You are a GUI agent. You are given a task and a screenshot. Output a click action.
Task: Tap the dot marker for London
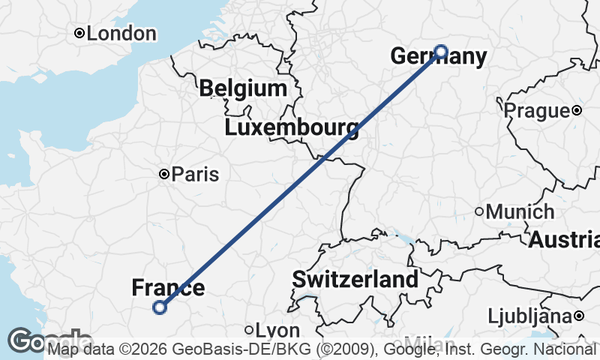[x=79, y=33]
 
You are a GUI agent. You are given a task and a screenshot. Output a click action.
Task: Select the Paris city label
[x=195, y=175]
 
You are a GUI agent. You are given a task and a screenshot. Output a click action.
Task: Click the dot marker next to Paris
[x=164, y=174]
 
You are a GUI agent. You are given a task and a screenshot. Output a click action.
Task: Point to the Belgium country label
[x=243, y=88]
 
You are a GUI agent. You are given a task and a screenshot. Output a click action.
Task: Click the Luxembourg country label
[x=291, y=127]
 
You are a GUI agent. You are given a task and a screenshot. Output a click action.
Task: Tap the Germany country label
[x=438, y=57]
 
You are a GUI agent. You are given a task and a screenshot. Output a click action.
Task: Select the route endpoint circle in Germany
[x=441, y=52]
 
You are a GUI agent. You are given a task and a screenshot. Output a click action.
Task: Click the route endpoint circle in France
[x=159, y=306]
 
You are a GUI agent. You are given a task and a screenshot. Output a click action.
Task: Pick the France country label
[x=168, y=288]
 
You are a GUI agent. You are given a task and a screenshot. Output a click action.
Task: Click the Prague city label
[x=536, y=111]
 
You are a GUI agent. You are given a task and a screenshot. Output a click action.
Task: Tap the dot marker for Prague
[x=576, y=110]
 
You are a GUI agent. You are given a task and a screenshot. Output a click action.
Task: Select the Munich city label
[x=520, y=212]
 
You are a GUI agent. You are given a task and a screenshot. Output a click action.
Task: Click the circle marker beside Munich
[x=479, y=211]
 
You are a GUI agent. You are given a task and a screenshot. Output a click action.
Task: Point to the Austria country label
[x=564, y=241]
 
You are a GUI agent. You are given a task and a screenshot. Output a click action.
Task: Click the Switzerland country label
[x=355, y=280]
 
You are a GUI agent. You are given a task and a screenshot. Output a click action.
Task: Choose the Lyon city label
[x=277, y=331]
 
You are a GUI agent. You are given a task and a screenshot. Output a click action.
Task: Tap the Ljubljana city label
[x=529, y=316]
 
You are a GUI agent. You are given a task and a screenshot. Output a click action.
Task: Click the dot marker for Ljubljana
[x=579, y=316]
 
